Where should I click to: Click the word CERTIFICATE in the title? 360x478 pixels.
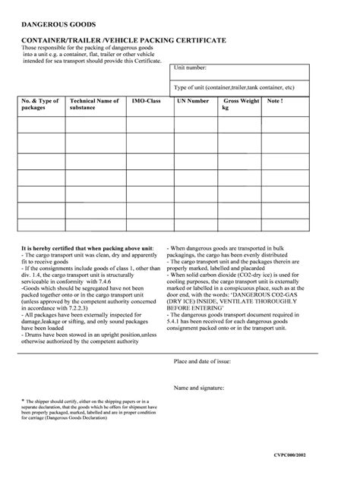point(194,39)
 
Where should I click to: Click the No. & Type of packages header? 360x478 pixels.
point(39,104)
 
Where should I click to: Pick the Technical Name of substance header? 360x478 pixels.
point(94,104)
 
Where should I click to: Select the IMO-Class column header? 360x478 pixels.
point(147,101)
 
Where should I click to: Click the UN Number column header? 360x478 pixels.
point(192,101)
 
